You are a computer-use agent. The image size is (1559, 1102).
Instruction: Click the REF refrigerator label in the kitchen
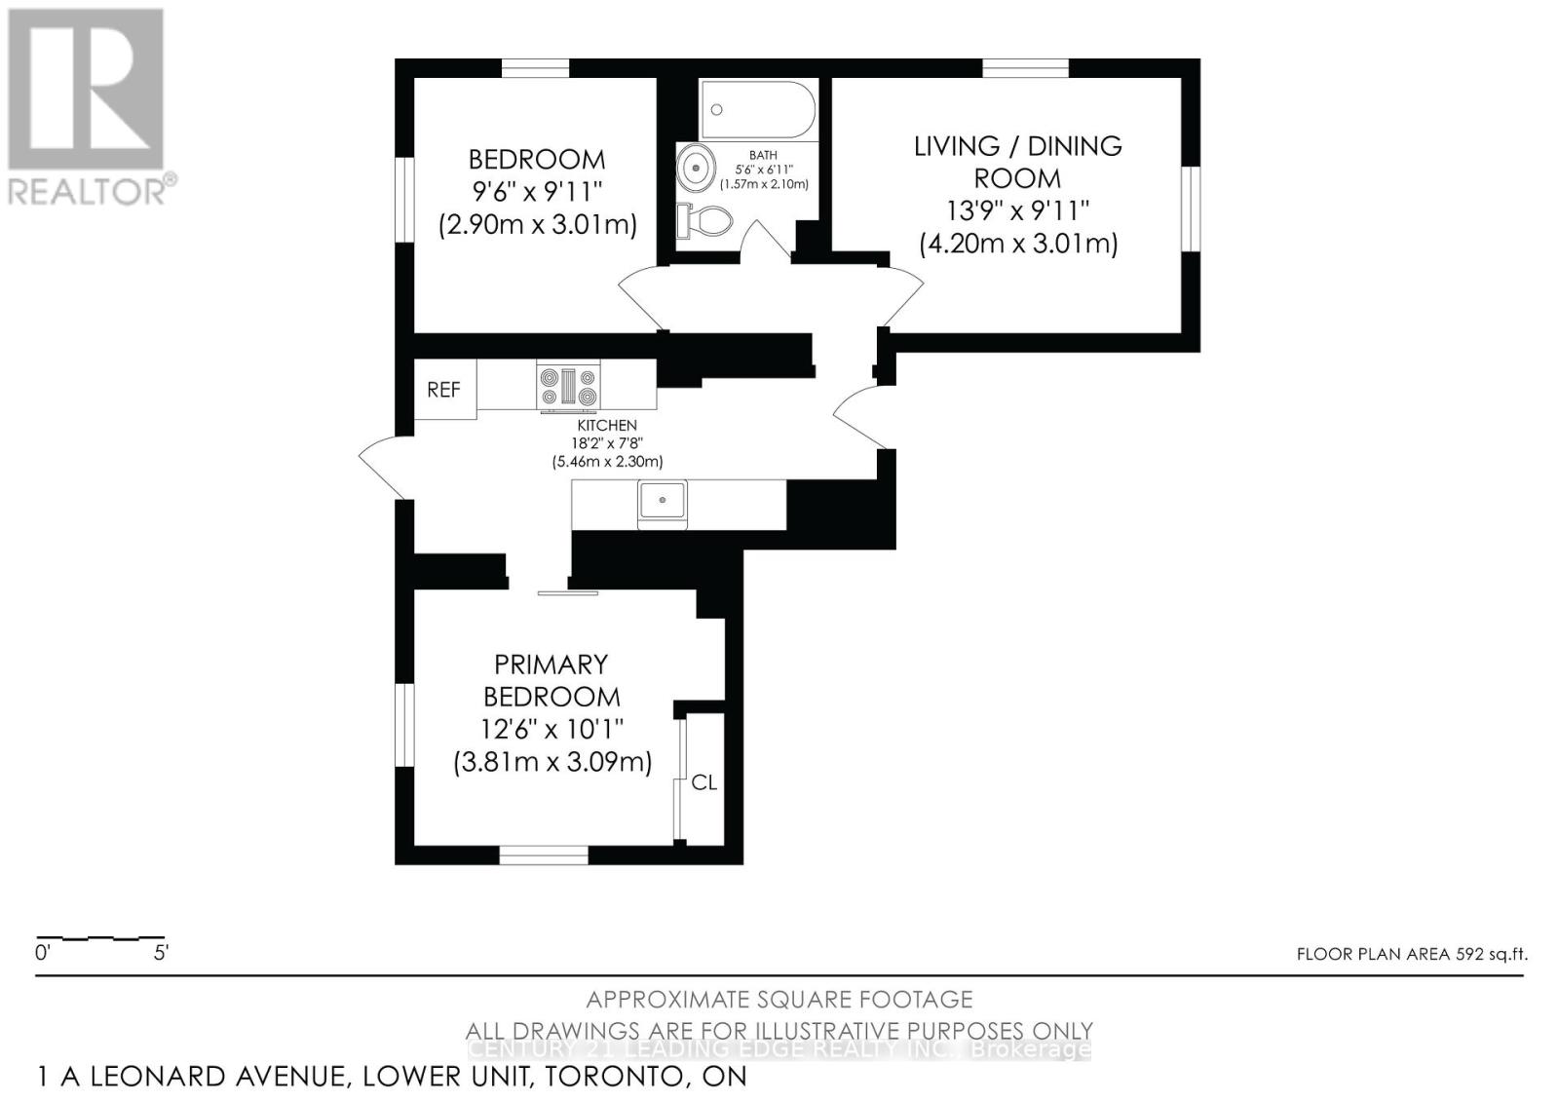pyautogui.click(x=443, y=390)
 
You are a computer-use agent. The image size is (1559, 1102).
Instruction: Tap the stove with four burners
pyautogui.click(x=568, y=386)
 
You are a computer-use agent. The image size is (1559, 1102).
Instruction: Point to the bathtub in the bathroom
pyautogui.click(x=758, y=109)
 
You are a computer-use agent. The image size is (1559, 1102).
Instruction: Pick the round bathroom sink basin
pyautogui.click(x=696, y=167)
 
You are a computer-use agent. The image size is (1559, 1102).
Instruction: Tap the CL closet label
pyautogui.click(x=703, y=782)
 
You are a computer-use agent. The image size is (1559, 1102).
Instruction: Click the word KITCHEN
pyautogui.click(x=607, y=425)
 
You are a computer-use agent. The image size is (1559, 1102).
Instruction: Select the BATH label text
pyautogui.click(x=763, y=155)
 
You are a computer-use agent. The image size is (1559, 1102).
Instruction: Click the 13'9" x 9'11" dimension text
pyautogui.click(x=1017, y=210)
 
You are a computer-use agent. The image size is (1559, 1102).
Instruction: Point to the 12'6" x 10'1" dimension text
pyautogui.click(x=551, y=729)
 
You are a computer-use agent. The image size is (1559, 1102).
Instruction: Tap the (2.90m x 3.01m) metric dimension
pyautogui.click(x=537, y=225)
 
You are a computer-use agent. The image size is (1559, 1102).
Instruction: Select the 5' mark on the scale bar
pyautogui.click(x=161, y=953)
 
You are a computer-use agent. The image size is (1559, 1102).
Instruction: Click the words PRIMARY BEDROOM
pyautogui.click(x=551, y=680)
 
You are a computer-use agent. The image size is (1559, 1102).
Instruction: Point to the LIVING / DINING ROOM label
pyautogui.click(x=1017, y=162)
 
